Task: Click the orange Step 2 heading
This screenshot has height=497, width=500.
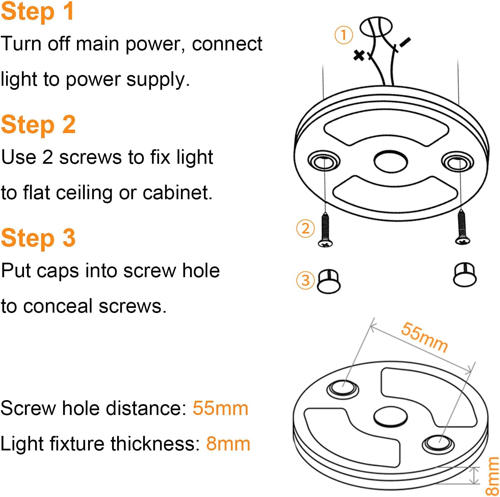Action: (x=38, y=125)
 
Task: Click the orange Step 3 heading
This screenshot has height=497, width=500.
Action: (x=38, y=238)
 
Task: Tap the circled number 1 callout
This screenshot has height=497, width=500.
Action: (x=344, y=35)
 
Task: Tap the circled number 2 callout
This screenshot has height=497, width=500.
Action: (x=305, y=229)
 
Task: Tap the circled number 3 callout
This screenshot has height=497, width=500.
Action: (x=305, y=280)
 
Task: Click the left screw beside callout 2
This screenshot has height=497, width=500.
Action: (x=325, y=230)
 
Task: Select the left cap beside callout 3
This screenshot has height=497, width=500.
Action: (x=329, y=281)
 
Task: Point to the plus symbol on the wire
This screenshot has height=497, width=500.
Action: (x=359, y=55)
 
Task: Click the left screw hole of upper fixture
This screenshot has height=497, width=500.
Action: (x=324, y=161)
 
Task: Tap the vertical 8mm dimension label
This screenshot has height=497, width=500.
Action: (x=492, y=476)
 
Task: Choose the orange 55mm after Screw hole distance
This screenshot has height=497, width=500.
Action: (x=220, y=408)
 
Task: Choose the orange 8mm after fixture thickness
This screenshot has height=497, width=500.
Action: (x=228, y=444)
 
